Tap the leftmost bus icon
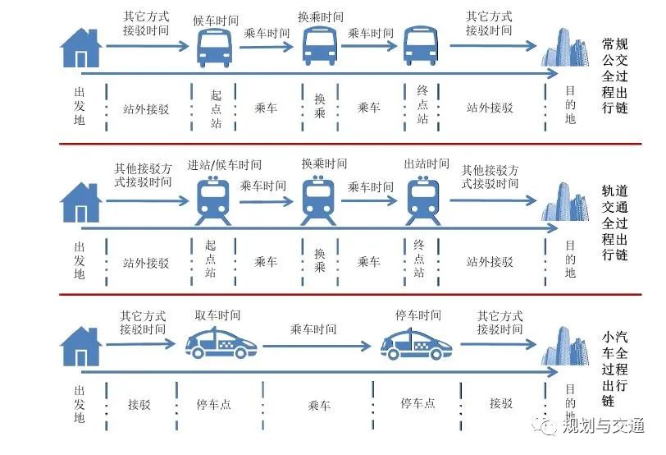pos(216,47)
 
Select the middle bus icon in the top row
pos(321,46)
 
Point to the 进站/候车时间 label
pos(225,165)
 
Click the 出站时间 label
pos(427,165)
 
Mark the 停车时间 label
pos(418,315)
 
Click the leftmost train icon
pos(215,200)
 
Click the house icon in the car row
pos(81,346)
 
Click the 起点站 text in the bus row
pos(216,108)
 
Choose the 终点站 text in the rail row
pos(419,258)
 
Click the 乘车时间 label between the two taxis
pos(313,329)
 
